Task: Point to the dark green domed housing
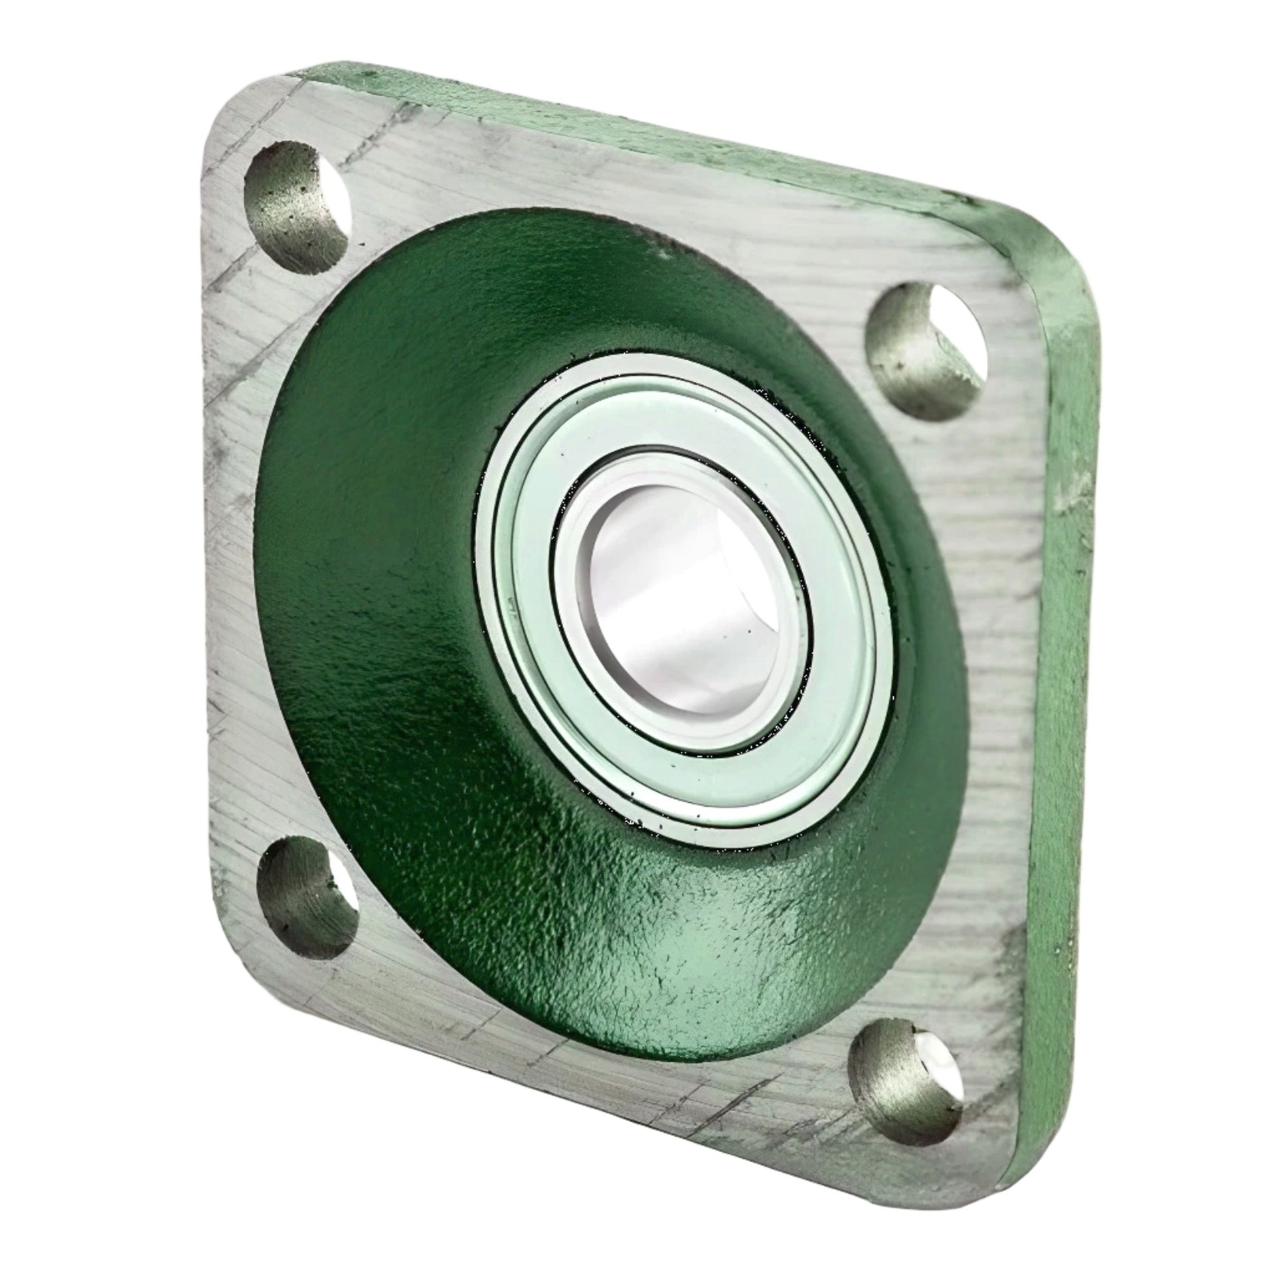click(398, 531)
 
